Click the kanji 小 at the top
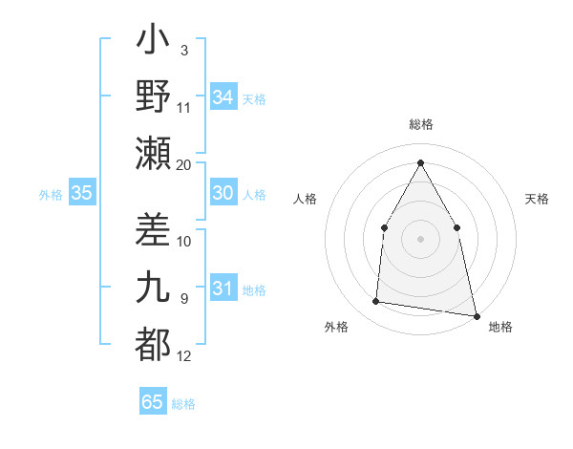click(153, 43)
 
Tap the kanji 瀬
click(153, 153)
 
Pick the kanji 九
click(153, 288)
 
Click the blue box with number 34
click(223, 97)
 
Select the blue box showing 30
click(223, 193)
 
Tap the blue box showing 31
click(223, 289)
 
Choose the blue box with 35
click(81, 193)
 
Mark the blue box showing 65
click(153, 402)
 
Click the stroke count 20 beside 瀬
click(184, 165)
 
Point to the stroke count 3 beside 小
click(184, 50)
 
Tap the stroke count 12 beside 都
click(184, 356)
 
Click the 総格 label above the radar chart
click(420, 124)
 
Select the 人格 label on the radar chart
click(305, 199)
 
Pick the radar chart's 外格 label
click(336, 327)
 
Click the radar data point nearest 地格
click(476, 314)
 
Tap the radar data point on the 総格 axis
click(420, 161)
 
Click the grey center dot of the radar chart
click(420, 238)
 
